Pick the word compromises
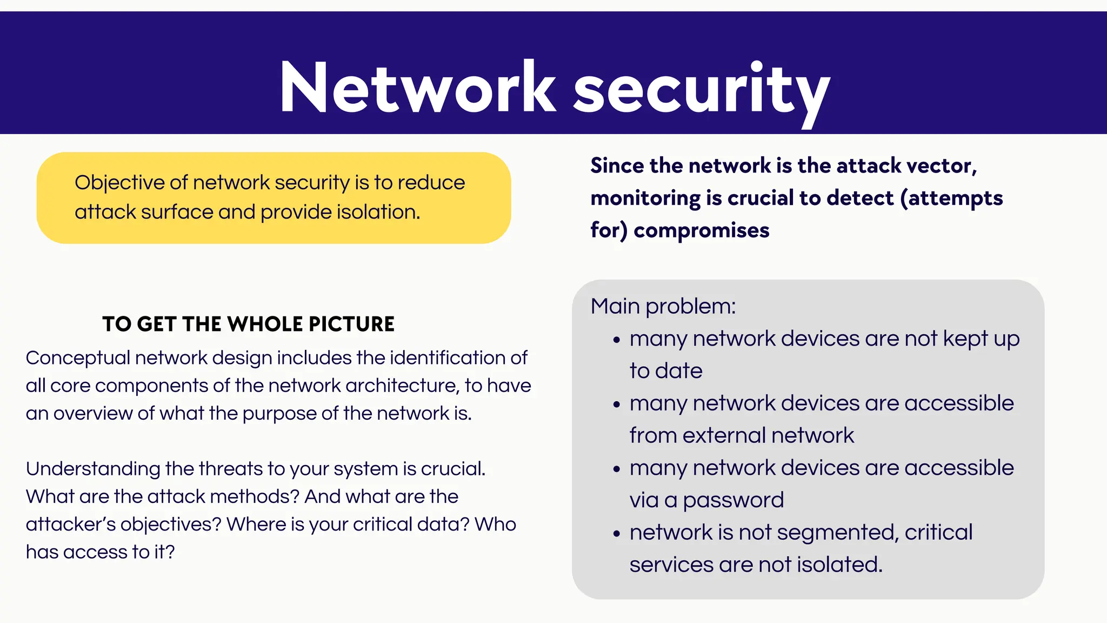pos(701,230)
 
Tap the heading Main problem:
pos(663,306)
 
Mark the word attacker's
pos(70,525)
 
